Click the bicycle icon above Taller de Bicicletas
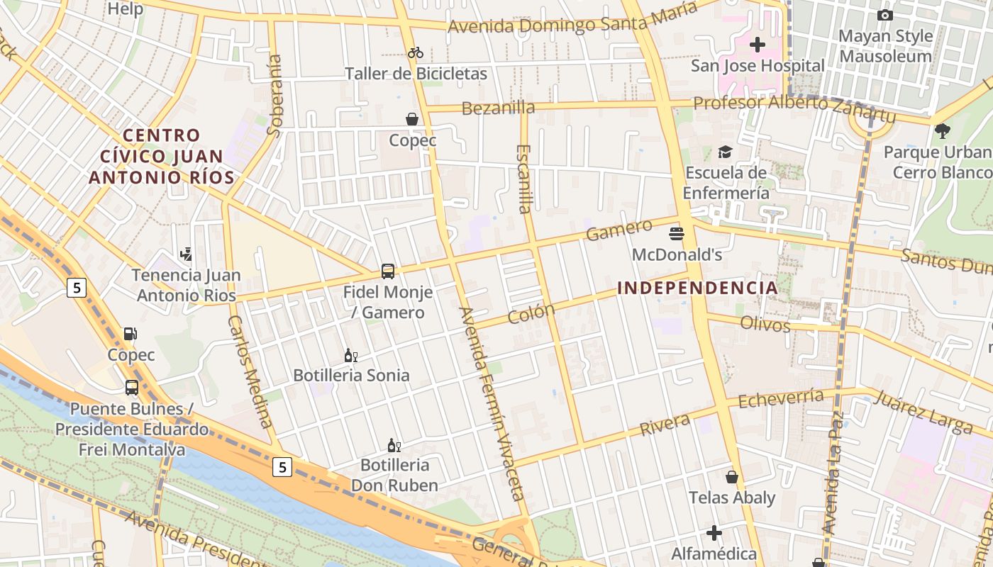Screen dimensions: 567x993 [x=416, y=52]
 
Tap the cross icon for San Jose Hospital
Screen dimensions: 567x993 [x=758, y=45]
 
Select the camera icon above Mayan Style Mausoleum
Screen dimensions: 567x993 [x=884, y=15]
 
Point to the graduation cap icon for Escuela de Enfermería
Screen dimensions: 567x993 [x=725, y=152]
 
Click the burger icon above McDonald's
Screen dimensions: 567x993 [x=676, y=233]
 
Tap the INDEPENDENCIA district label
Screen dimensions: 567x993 [x=698, y=288]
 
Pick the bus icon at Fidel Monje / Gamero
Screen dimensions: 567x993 [x=388, y=271]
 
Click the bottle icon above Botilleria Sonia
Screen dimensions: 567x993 [x=350, y=355]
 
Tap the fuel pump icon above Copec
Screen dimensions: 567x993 [x=131, y=334]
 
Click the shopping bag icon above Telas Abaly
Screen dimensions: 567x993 [x=732, y=477]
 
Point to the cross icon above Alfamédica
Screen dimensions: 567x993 [x=714, y=532]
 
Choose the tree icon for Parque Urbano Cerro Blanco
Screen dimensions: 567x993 [x=942, y=131]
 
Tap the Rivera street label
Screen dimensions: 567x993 [x=665, y=425]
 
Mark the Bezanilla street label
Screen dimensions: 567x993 [x=498, y=108]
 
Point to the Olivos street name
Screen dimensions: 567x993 [x=765, y=324]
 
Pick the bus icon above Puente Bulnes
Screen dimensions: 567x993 [x=132, y=388]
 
